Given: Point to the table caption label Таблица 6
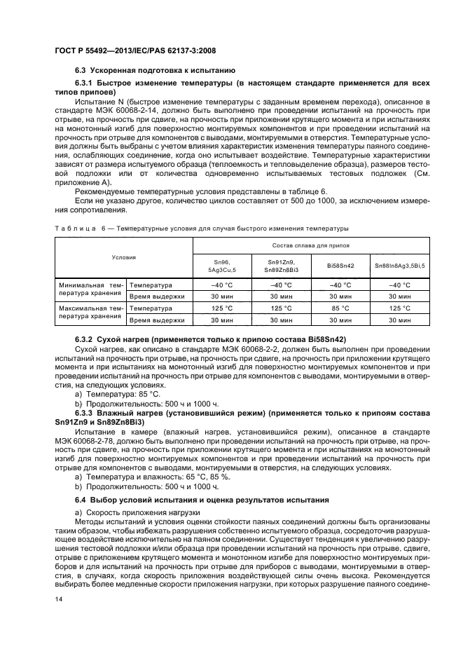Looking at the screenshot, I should click(x=78, y=228).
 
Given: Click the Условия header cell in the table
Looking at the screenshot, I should click(x=123, y=257).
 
